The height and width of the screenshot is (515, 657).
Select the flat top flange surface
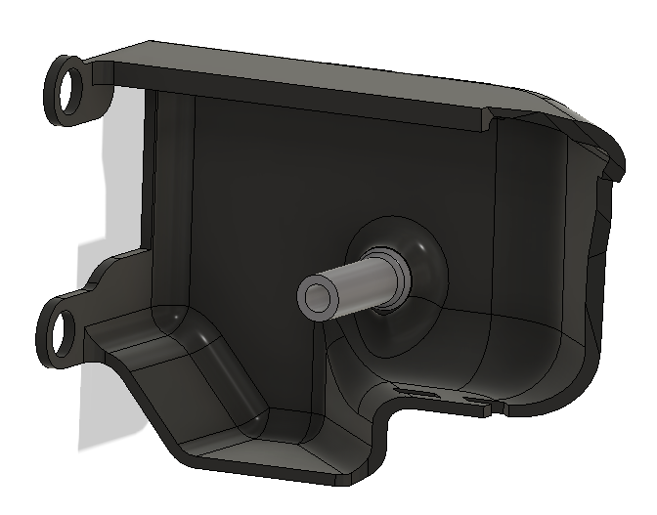coord(293,78)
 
